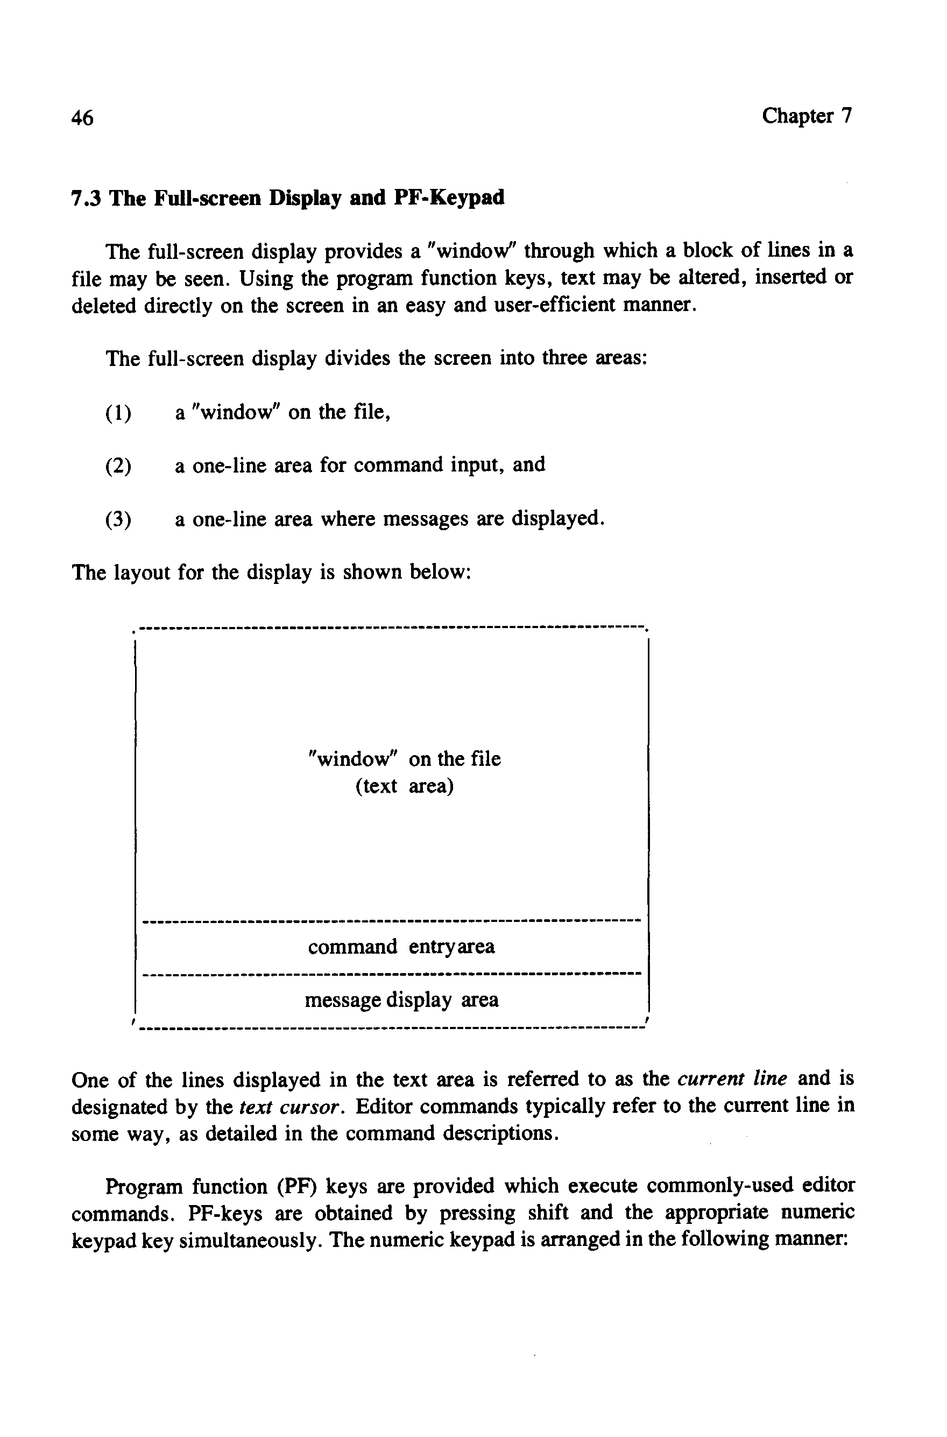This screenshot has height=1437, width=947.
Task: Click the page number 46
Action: click(x=82, y=118)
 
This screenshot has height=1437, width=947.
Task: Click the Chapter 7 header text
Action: click(x=805, y=115)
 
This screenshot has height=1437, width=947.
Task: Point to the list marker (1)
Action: click(x=118, y=413)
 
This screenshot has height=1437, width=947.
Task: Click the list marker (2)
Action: click(x=118, y=466)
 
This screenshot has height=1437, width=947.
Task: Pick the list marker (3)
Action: click(x=118, y=519)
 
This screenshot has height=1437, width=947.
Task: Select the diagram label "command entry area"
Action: click(x=401, y=947)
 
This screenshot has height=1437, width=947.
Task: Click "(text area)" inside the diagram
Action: click(x=404, y=786)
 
